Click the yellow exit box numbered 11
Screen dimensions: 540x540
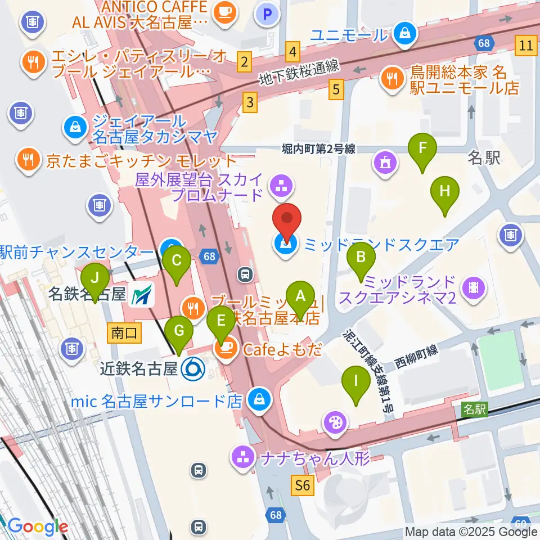point(526,46)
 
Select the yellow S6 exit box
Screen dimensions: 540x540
point(302,485)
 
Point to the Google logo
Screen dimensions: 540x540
point(38,526)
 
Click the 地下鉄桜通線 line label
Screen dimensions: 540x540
point(299,73)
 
